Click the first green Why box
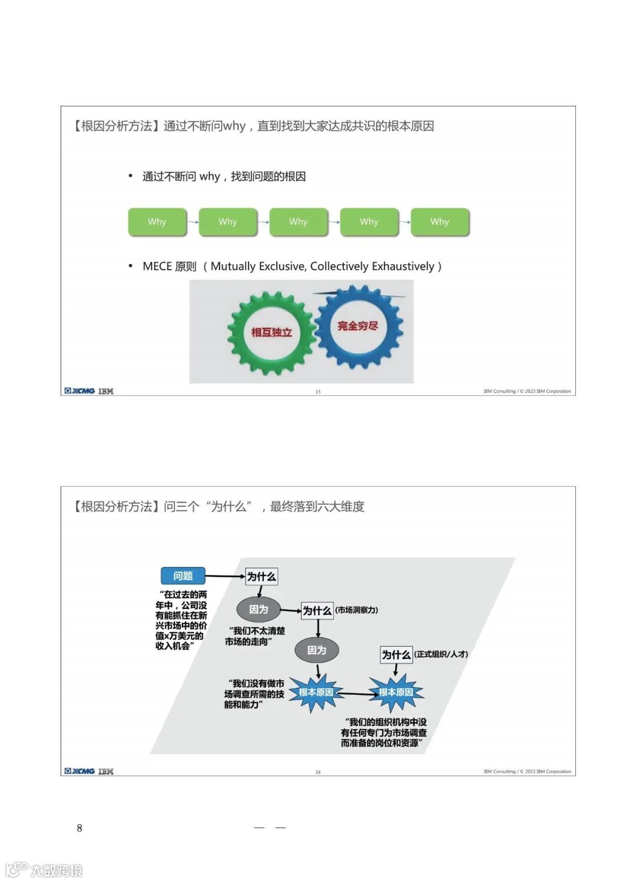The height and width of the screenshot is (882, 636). pos(157,222)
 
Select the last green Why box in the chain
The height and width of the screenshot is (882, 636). pos(440,222)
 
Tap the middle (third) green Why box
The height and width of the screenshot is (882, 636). pos(299,222)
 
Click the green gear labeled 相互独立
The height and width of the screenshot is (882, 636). pos(271,332)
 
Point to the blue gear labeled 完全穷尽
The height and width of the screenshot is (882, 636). pos(357,326)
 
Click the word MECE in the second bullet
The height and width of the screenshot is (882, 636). pos(157,267)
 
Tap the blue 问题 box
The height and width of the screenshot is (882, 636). pos(183,575)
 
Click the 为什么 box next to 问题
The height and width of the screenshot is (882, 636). pos(261,577)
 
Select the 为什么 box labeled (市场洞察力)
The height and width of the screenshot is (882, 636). pos(317,611)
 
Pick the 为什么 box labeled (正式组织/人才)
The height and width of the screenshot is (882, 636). pos(396,654)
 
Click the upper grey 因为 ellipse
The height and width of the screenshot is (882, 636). pos(258,610)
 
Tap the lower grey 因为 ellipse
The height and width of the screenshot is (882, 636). pos(316,650)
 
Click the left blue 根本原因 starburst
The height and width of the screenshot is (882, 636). pos(316,693)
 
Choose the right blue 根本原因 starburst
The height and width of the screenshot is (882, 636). pos(396,693)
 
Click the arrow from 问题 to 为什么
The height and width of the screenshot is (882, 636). pos(225,576)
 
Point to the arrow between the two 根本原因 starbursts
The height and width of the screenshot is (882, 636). pos(356,694)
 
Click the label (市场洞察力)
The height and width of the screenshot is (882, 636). pos(356,610)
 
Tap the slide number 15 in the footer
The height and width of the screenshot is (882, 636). pos(318,391)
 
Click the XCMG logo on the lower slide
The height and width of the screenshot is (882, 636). pos(80,771)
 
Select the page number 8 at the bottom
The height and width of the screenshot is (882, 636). pos(79,828)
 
